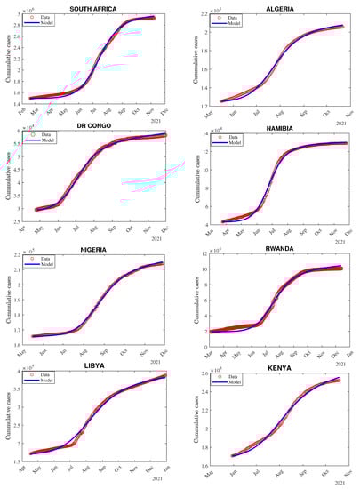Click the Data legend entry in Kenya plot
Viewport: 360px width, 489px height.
[x=232, y=378]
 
